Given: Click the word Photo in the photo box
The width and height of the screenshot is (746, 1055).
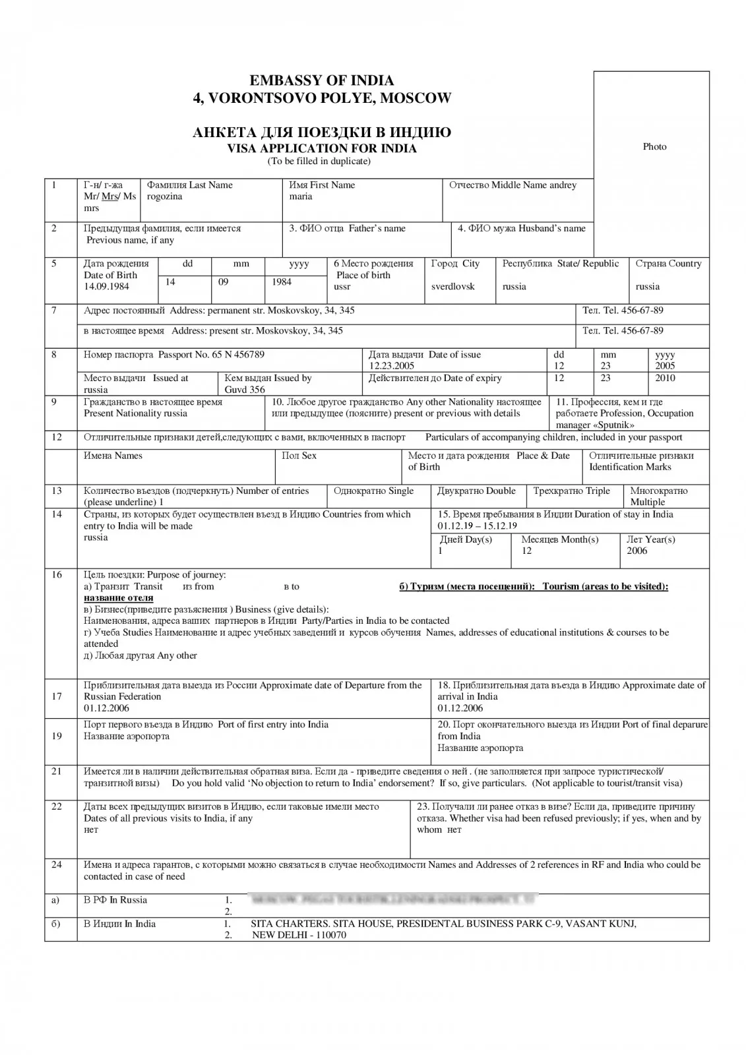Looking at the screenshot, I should (x=654, y=146).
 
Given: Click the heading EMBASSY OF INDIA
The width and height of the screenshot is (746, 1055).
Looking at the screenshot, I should (x=321, y=80).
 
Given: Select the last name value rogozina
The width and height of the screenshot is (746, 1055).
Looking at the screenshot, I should (x=165, y=196).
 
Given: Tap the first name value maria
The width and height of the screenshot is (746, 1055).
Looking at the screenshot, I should (x=301, y=196).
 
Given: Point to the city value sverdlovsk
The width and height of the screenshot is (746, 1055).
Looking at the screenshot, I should (x=452, y=287).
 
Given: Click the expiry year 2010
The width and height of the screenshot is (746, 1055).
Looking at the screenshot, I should (x=666, y=378).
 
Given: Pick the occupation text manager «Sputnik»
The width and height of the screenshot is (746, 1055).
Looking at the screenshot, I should (x=595, y=425).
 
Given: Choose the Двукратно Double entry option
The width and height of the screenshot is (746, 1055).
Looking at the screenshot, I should (x=476, y=491).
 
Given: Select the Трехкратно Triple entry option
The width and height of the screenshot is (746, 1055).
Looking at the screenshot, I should (x=571, y=491).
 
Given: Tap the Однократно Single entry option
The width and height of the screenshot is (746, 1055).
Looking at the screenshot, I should (x=373, y=491).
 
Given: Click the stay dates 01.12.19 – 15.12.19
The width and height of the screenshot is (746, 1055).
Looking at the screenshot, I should (x=477, y=526).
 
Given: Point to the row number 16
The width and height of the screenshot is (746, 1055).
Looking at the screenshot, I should (x=57, y=575).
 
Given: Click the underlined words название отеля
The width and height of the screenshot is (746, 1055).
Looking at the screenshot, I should (x=119, y=598).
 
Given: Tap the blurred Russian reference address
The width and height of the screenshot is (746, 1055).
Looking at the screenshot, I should (x=393, y=899).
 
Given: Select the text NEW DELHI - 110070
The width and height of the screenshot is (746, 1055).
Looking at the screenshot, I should (x=299, y=935).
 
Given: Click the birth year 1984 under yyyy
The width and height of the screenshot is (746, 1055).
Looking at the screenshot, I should (x=282, y=282).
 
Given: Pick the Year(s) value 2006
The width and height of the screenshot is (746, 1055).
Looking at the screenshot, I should (x=637, y=551).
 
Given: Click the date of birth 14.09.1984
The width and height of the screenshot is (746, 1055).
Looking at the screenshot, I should (x=106, y=287).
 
